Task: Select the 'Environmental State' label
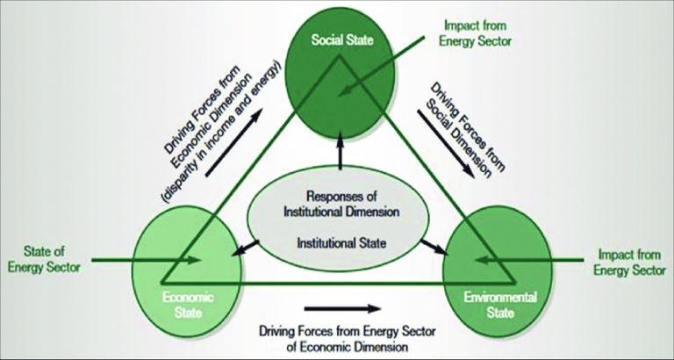(x=496, y=304)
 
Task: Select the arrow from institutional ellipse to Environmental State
(x=429, y=248)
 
